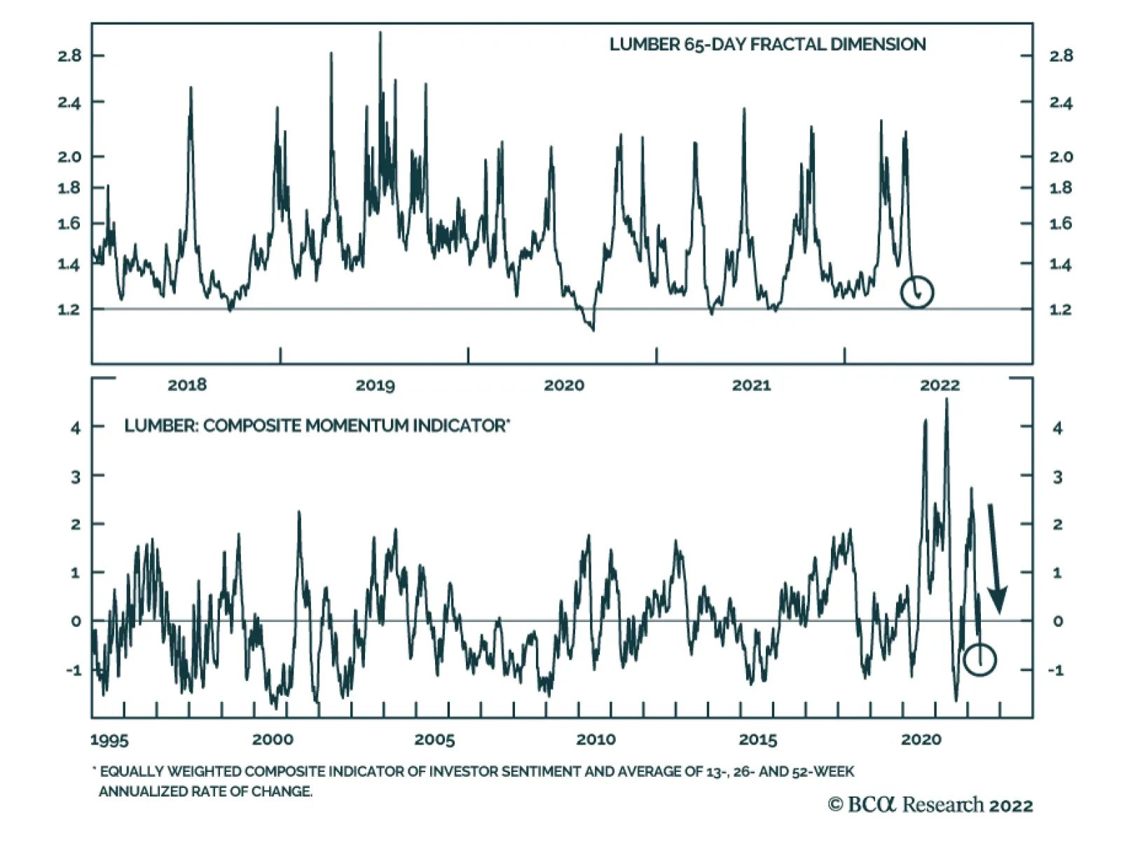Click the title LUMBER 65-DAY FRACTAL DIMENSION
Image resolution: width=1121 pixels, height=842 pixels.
coord(767,45)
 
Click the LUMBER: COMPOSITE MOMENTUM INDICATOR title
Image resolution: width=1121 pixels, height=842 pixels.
coord(317,426)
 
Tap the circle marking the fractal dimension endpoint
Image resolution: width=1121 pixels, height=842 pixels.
coord(917,292)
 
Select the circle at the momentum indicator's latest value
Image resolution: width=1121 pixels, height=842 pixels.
coord(979,659)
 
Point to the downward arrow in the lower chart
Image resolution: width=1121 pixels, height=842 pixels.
coord(995,558)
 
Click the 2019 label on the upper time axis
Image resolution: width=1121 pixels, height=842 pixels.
coord(375,385)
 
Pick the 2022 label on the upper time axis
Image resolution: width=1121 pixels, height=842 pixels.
coord(940,385)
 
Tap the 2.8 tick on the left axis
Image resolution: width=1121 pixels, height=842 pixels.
coord(69,56)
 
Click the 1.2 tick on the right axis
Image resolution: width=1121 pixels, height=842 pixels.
coord(1060,310)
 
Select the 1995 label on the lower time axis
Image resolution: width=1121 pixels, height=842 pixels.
coord(109,740)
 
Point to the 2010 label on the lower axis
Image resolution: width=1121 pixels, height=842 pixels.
coord(596,740)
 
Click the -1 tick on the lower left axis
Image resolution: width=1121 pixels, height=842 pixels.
coord(74,670)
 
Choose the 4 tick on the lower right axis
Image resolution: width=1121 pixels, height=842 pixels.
coord(1057,428)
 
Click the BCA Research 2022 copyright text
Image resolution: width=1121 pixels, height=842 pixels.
coord(930,805)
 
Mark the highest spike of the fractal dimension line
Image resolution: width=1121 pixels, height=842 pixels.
coord(380,34)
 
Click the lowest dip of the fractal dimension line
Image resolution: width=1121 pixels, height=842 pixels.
coord(593,329)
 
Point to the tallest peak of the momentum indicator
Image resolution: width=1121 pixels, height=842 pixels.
coord(947,401)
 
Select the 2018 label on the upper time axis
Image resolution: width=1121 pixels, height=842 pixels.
coord(187,385)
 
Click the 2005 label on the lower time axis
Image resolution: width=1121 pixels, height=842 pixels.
coord(434,740)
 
